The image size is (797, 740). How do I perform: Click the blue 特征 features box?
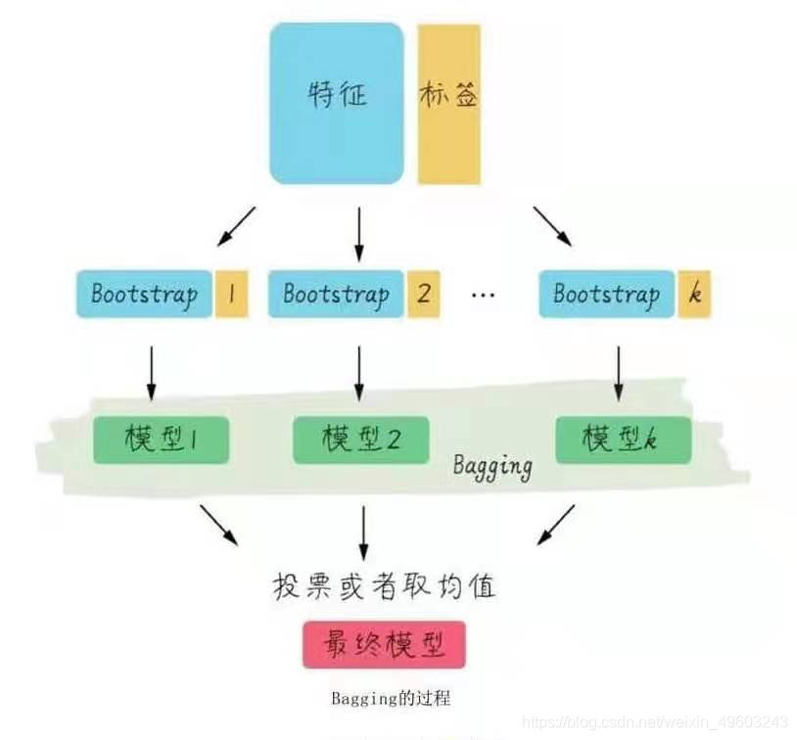point(336,103)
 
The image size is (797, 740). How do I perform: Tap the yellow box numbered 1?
point(231,294)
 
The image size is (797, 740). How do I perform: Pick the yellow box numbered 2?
point(423,294)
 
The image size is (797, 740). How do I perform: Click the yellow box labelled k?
point(694,294)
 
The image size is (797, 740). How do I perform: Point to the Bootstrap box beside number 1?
point(144,294)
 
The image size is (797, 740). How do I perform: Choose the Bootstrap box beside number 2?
point(336,294)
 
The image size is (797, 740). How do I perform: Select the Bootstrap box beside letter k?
point(606,294)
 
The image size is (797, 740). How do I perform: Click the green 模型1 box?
point(161,439)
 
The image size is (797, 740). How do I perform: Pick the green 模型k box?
point(622,439)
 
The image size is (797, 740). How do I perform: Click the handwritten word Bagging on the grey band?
point(492,465)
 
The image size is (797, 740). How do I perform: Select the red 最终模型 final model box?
point(383,645)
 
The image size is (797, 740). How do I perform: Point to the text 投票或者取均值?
point(384,586)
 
